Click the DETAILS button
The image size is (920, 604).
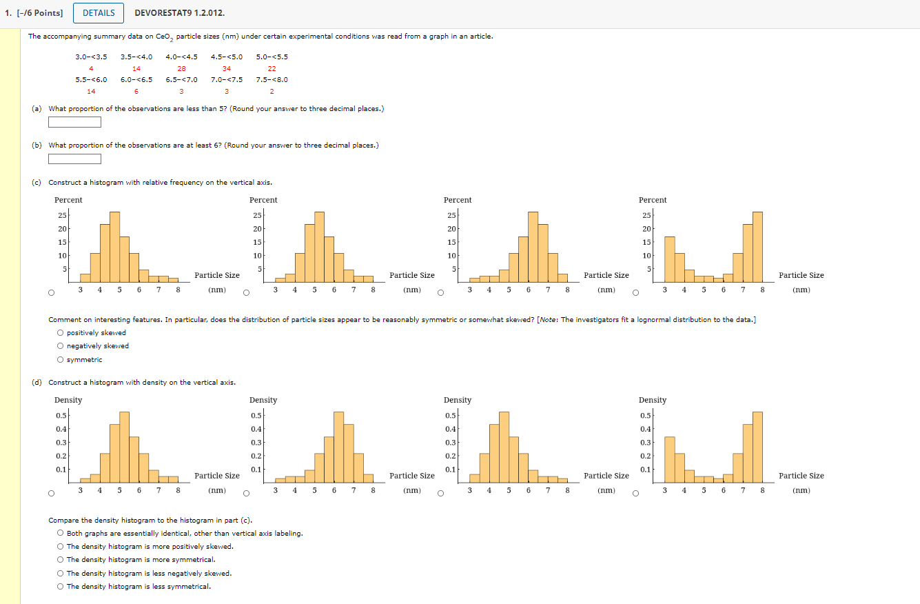99,13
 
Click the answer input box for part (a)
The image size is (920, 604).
74,123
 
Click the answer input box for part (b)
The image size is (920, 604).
74,159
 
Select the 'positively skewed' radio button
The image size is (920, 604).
61,333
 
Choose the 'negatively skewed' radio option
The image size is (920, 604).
61,346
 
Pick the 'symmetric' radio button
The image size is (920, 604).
61,360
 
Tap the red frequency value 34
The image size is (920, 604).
227,68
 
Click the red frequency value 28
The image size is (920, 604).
181,68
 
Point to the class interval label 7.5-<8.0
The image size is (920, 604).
272,79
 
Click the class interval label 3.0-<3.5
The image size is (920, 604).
91,57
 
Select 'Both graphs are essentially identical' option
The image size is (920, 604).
61,533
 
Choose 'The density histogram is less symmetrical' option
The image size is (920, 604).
61,587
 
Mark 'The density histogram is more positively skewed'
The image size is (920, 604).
61,547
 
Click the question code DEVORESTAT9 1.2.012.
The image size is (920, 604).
179,13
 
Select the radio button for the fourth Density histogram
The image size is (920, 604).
636,493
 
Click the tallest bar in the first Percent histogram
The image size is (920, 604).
114,245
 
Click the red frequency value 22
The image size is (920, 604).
272,68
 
